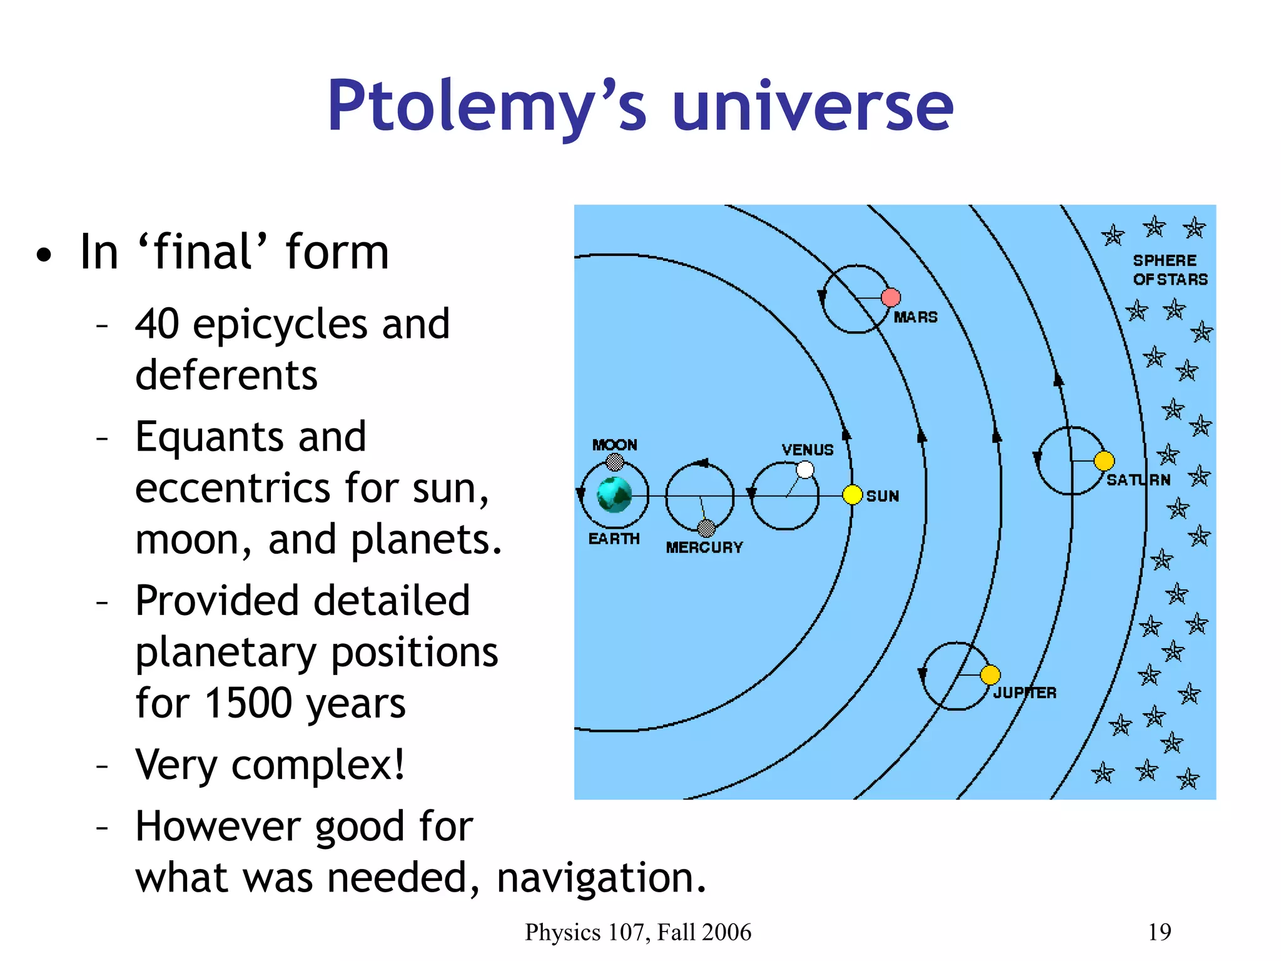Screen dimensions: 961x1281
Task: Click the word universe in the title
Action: (813, 106)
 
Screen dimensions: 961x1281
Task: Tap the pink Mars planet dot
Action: (891, 298)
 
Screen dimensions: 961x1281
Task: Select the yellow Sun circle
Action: (852, 495)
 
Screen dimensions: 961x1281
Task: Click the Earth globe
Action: (614, 495)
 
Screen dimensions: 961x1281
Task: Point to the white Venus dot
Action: (805, 470)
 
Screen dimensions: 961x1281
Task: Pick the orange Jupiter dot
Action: (990, 675)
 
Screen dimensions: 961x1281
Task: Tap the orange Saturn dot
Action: (1104, 461)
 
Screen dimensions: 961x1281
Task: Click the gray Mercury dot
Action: (706, 529)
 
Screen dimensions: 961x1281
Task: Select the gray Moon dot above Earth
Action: (615, 462)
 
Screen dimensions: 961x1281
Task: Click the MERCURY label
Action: (704, 547)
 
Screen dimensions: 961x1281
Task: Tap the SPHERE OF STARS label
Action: (1169, 270)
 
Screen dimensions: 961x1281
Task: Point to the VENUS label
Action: (808, 450)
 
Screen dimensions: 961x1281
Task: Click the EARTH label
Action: (614, 539)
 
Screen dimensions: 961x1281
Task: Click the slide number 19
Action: (1159, 932)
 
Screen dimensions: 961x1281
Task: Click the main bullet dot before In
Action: (44, 255)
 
